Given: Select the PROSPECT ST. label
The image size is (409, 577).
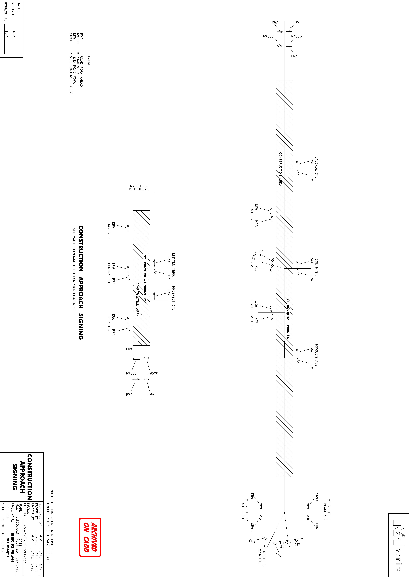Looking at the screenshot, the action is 174,298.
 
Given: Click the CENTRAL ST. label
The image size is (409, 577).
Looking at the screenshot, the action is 109,274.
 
